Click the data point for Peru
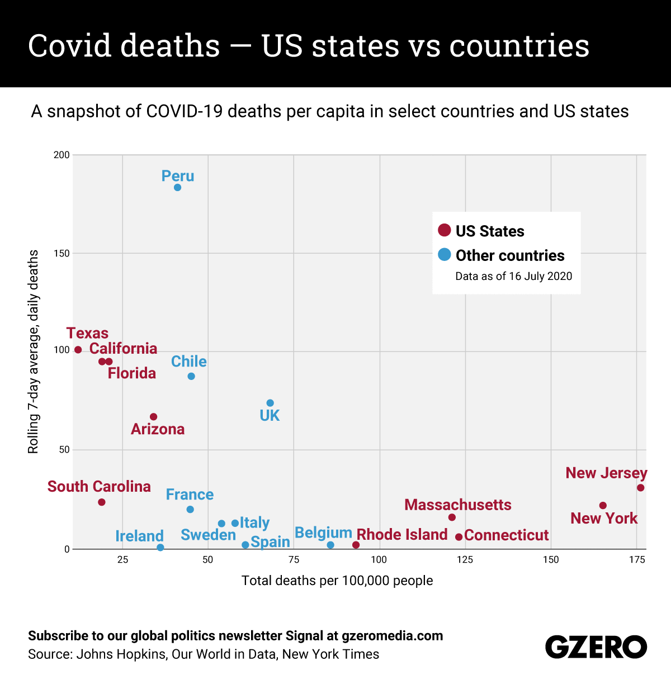[177, 188]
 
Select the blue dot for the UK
[270, 403]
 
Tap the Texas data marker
[78, 350]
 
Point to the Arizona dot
[154, 417]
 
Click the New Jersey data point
[641, 488]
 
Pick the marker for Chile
[191, 377]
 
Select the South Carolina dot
[102, 502]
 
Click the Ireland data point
[160, 548]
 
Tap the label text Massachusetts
[457, 505]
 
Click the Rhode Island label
[402, 535]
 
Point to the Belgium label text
[323, 533]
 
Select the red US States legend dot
[445, 230]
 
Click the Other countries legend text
[510, 255]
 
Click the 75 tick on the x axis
[294, 560]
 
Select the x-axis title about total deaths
[337, 581]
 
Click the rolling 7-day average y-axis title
[34, 351]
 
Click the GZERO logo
[596, 647]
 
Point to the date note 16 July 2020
[513, 276]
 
